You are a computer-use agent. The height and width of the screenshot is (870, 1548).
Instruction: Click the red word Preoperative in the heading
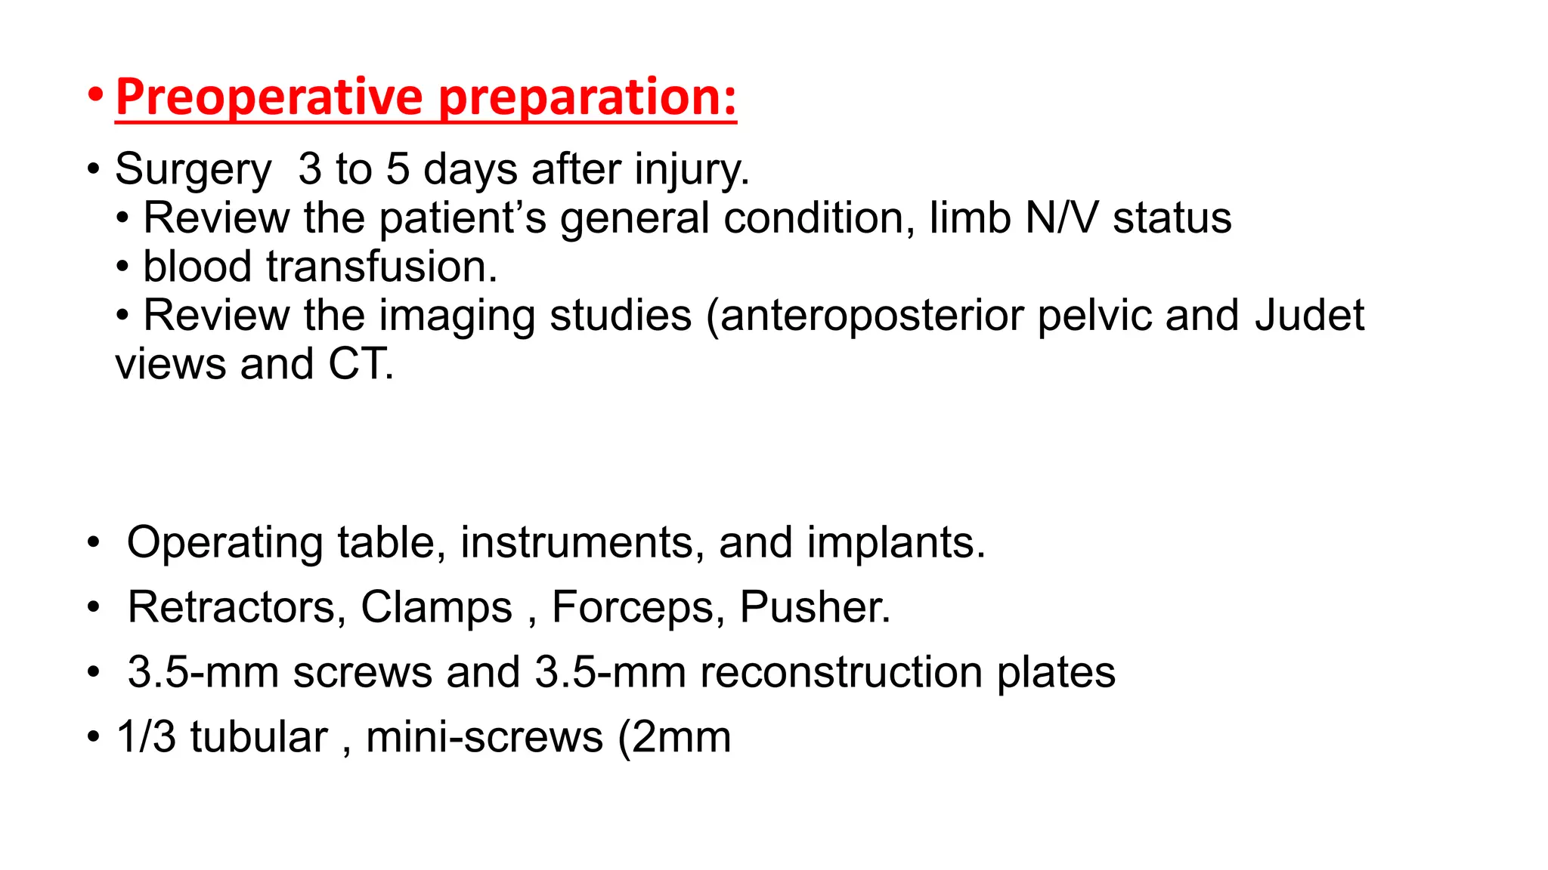click(269, 97)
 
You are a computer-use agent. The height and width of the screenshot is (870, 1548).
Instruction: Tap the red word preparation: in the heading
click(587, 97)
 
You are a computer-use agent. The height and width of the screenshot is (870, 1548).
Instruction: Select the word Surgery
click(193, 169)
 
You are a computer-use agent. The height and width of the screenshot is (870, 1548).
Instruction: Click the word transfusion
click(382, 267)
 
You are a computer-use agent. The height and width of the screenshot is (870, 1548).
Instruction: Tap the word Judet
click(1309, 316)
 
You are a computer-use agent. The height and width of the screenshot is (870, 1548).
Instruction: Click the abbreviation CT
click(360, 365)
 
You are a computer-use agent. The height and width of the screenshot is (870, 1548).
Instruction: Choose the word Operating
click(225, 543)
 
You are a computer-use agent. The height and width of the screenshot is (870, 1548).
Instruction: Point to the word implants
click(896, 543)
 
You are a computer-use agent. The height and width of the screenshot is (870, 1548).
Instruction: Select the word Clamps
click(436, 607)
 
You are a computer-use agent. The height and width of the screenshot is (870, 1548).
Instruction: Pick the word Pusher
click(815, 607)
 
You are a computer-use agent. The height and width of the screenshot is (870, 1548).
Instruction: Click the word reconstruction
click(841, 672)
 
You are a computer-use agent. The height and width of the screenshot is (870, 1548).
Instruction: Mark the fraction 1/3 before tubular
click(146, 737)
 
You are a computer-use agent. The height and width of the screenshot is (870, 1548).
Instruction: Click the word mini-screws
click(485, 737)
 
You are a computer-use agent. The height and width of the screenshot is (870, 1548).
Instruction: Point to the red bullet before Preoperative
click(94, 96)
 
